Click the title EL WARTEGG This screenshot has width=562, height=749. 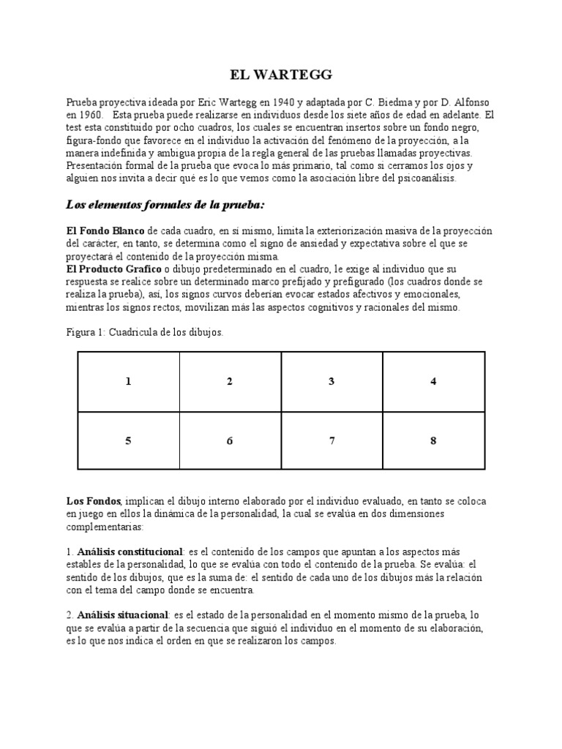coord(281,74)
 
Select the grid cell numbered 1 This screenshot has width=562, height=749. coord(128,381)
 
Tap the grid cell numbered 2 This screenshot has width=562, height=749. coord(230,381)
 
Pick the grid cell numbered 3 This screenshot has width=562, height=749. coord(331,381)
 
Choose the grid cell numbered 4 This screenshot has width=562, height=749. coord(433,381)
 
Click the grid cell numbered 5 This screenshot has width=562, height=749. coord(128,441)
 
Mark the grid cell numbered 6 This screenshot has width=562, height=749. coord(230,441)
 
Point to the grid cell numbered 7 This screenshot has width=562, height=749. coord(331,441)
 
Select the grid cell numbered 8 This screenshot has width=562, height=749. coord(433,441)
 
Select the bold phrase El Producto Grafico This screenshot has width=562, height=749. coord(113,269)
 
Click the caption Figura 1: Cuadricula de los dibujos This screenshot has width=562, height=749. coord(144,333)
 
